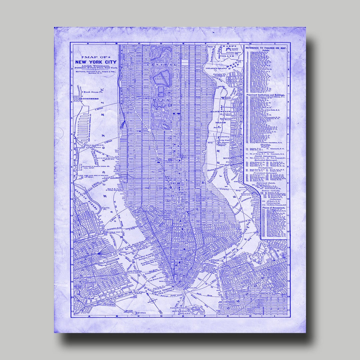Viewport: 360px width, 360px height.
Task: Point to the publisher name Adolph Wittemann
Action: tap(96, 66)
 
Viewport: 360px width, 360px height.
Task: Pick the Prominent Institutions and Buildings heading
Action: tap(266, 95)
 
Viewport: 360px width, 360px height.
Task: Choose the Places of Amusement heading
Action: tap(274, 208)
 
